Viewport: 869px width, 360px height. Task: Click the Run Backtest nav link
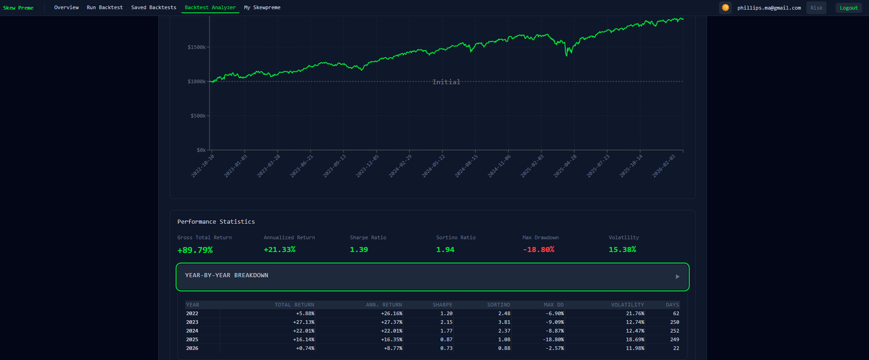pos(105,7)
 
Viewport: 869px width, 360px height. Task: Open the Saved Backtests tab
pos(154,7)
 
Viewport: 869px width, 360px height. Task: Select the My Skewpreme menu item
pos(262,7)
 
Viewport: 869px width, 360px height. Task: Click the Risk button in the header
pos(816,8)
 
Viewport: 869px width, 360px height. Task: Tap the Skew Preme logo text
pos(18,8)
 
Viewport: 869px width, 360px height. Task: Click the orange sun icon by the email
pos(725,7)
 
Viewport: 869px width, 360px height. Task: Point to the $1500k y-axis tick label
pos(197,47)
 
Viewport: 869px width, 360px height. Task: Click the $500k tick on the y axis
pos(198,116)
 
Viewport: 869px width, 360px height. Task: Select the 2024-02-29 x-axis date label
pos(400,166)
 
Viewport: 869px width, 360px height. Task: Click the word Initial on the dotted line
pos(446,82)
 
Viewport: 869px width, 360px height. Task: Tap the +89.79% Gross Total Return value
pos(195,250)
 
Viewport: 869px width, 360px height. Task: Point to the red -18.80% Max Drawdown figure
pos(539,250)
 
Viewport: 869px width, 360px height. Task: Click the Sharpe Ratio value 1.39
pos(359,250)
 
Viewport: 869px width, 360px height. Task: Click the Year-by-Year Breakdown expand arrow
pos(677,277)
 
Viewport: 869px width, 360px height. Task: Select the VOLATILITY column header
pos(627,305)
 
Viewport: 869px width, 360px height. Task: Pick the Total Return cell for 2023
pos(304,322)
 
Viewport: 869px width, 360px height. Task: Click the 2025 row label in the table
pos(192,339)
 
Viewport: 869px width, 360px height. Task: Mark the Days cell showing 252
pos(674,331)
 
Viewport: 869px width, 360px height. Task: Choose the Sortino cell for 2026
pos(504,348)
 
